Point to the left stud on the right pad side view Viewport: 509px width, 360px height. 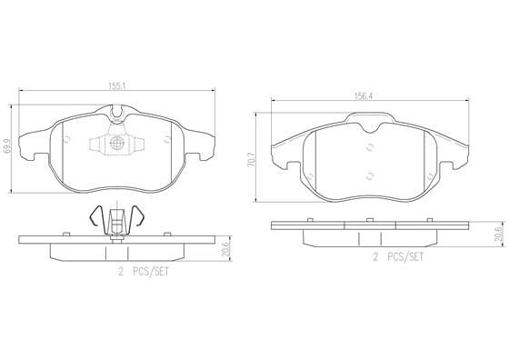[x=310, y=219]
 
